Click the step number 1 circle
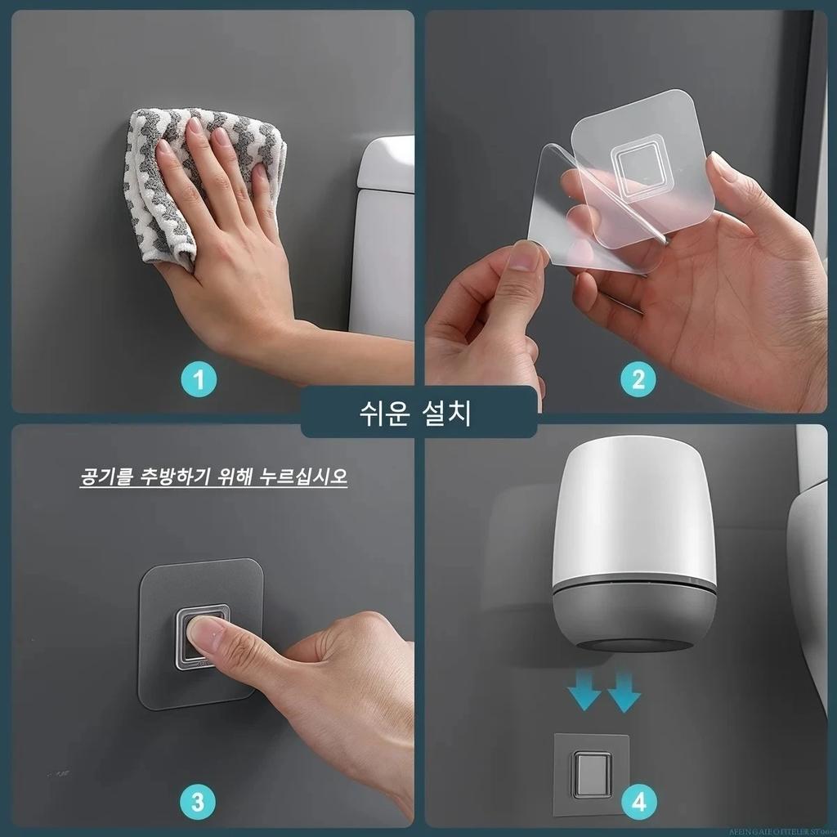pyautogui.click(x=199, y=380)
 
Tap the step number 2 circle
pyautogui.click(x=638, y=380)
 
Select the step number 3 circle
pyautogui.click(x=199, y=800)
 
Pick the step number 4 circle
pyautogui.click(x=638, y=800)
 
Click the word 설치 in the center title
pyautogui.click(x=450, y=413)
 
